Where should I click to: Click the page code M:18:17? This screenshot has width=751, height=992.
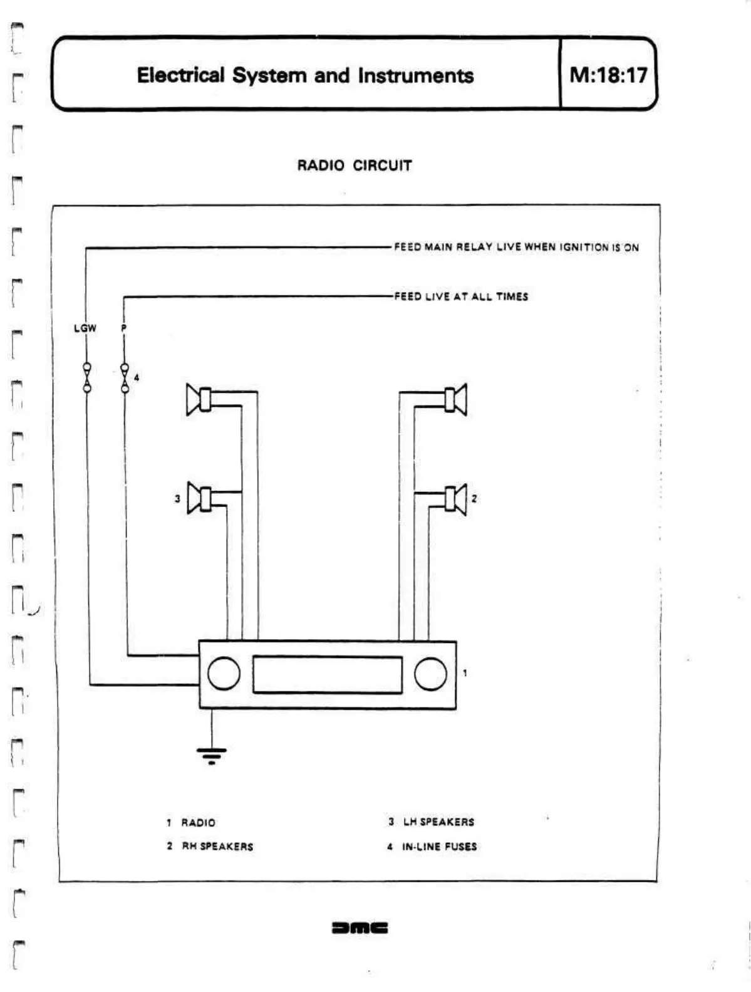coord(608,75)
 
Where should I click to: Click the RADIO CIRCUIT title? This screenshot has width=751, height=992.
coord(354,165)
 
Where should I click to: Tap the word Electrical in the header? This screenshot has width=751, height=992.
coord(180,75)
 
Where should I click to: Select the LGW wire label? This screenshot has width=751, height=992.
coord(85,328)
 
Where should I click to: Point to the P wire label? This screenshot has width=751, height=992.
coord(124,328)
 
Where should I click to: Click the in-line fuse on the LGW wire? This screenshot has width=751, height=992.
coord(87,378)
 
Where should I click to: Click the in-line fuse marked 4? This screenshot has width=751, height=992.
coord(125,378)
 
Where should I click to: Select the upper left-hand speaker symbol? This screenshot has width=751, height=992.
coord(199,399)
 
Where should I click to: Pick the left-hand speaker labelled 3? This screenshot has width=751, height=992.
coord(200,499)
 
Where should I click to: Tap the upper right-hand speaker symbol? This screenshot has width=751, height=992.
coord(455,399)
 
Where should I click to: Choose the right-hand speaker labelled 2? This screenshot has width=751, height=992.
coord(455,499)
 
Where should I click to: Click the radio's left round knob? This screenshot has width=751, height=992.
coord(224,674)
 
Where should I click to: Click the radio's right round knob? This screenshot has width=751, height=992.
coord(430,674)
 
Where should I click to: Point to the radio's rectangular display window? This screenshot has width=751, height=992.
coord(327,674)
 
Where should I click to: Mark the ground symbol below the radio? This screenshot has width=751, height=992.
coord(212,754)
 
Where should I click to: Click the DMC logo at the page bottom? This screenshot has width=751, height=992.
coord(360,927)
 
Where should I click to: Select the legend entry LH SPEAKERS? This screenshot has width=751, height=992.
coord(438,822)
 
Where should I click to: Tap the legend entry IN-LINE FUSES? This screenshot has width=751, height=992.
coord(438,847)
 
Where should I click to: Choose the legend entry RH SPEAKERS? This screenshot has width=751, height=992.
coord(217,847)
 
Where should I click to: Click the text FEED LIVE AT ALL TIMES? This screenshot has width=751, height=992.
coord(461,296)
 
